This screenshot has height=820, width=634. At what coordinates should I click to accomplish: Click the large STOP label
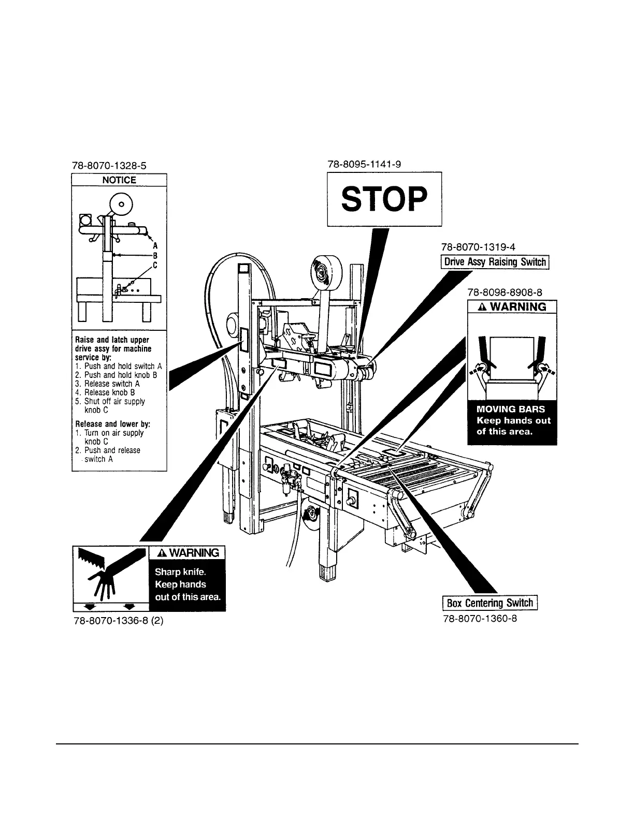384,199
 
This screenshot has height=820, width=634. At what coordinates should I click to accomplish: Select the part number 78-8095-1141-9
364,164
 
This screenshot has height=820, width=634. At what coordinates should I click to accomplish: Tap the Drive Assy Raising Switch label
495,262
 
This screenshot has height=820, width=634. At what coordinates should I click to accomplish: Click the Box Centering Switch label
489,603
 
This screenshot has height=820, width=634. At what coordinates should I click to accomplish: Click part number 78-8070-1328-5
109,167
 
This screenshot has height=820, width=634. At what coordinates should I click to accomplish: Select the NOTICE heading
119,180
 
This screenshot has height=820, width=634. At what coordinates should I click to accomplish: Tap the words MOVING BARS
510,409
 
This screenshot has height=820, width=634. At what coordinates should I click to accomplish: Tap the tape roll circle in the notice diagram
121,204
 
